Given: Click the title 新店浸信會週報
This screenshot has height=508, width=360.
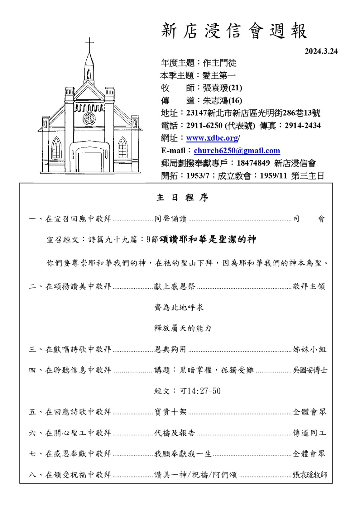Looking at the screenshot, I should (234, 31).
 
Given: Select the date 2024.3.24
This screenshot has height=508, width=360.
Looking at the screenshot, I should (321, 51).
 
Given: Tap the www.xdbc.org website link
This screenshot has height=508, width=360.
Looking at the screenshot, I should (212, 138).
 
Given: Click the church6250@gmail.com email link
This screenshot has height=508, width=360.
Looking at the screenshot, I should (237, 151).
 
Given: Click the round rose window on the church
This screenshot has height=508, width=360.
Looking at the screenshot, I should (89, 118).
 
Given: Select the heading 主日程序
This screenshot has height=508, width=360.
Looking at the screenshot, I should (183, 198).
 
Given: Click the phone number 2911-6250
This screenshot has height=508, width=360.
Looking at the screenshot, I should (204, 126).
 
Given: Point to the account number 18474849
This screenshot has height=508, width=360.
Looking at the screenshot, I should (253, 163).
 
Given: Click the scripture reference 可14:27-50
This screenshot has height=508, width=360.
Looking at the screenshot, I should (200, 391).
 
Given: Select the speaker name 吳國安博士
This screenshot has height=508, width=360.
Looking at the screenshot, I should (310, 370).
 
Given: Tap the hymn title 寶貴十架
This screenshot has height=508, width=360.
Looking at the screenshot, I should (171, 412).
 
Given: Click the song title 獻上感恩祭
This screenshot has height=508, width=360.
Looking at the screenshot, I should (175, 286).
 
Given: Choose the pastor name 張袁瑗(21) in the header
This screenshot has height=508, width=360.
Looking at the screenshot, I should (222, 88).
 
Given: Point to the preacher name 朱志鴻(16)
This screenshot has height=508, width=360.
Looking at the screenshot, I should (222, 100).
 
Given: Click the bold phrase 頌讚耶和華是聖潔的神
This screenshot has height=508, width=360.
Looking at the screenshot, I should (207, 239).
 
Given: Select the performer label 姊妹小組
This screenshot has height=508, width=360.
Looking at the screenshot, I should (309, 349).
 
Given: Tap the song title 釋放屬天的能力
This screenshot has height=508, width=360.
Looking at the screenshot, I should (183, 328).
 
